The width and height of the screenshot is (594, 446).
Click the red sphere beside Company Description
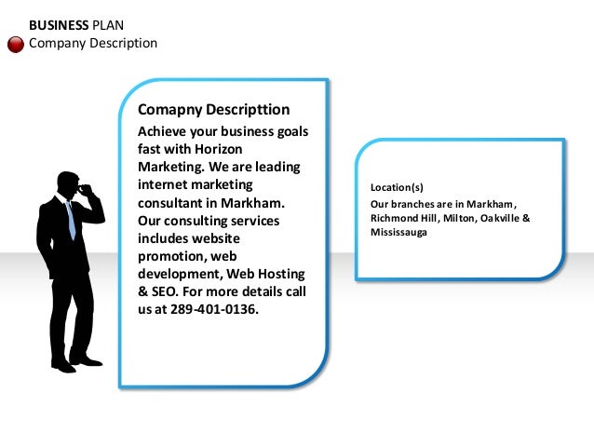point(16,44)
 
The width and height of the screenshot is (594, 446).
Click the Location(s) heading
point(397,187)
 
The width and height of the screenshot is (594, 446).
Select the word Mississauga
point(399,232)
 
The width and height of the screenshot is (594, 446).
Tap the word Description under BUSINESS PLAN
point(121,44)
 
